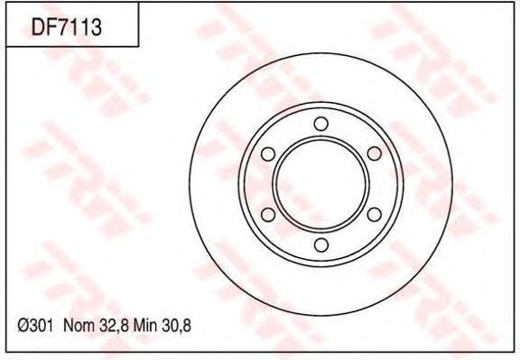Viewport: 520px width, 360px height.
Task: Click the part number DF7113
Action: point(66,27)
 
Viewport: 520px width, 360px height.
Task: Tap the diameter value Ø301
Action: point(35,326)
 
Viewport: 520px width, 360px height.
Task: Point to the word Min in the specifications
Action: point(144,326)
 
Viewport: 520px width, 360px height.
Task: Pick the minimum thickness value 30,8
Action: point(176,327)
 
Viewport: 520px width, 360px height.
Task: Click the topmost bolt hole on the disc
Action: point(320,124)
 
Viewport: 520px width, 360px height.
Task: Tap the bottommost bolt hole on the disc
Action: point(321,245)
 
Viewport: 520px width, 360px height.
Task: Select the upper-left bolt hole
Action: point(268,154)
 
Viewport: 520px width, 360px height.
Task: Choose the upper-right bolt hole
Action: point(375,153)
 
